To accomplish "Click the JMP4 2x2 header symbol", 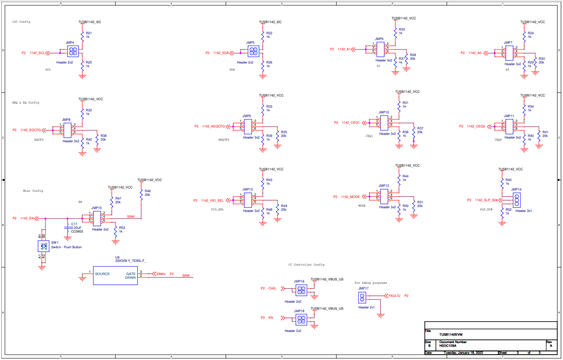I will tap(73, 51).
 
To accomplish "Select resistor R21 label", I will tap(89, 33).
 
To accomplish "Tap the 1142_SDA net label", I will tap(221, 53).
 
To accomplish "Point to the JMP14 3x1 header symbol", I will tap(517, 200).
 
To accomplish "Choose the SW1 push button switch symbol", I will tap(43, 247).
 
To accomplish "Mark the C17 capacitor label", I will tap(74, 224).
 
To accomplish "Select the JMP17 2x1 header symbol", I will tap(362, 297).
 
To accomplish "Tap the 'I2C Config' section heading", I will tap(21, 22).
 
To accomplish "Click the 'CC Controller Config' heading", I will tap(306, 265).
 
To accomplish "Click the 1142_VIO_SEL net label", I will tap(212, 200).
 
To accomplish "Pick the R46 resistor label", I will tap(147, 191).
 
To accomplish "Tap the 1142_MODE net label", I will tap(350, 197).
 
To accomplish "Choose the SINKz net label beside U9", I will tap(161, 274).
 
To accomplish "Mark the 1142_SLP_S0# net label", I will tap(486, 200).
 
